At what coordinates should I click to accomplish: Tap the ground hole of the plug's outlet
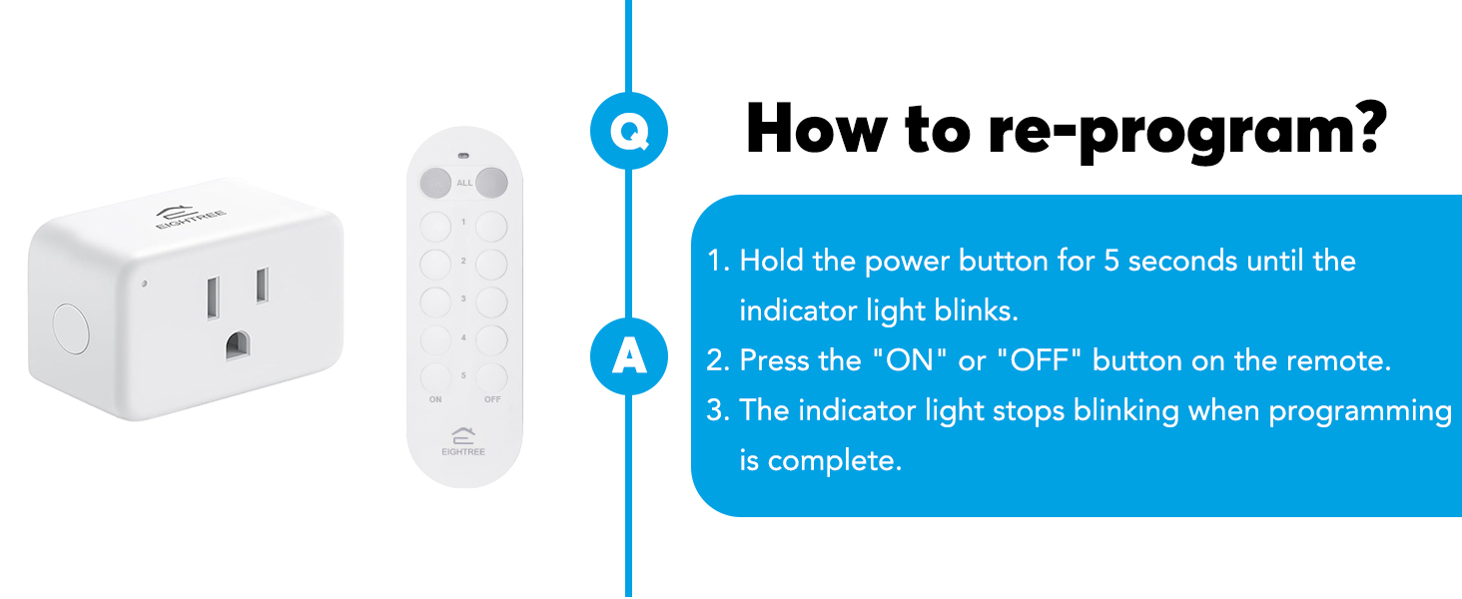(238, 344)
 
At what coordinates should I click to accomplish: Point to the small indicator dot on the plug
(145, 284)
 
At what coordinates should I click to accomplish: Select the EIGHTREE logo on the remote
(463, 441)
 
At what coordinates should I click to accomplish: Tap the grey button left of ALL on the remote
(435, 183)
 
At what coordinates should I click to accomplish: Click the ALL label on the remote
(464, 184)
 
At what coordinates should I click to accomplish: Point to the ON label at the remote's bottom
(435, 399)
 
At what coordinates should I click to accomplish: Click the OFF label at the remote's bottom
(492, 399)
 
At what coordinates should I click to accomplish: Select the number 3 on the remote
(463, 299)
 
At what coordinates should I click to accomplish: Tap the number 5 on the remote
(463, 375)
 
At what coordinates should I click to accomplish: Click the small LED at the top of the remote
(463, 156)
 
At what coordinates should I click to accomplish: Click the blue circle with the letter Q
(628, 132)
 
